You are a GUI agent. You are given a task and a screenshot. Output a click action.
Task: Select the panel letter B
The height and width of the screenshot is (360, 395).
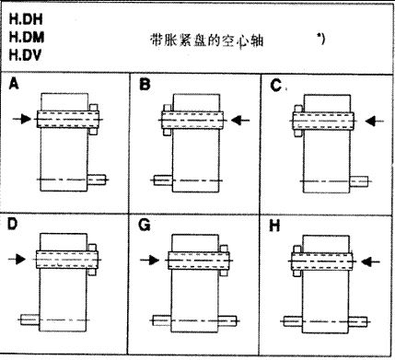click(x=144, y=85)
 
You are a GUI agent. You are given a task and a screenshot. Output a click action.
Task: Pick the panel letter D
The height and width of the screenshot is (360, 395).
click(x=14, y=224)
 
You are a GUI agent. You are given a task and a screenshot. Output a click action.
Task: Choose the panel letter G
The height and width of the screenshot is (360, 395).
click(x=145, y=224)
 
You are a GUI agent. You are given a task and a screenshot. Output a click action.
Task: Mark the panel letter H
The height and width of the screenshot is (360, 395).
click(x=275, y=224)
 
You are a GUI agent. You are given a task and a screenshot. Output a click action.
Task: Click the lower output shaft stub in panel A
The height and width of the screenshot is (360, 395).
click(x=99, y=180)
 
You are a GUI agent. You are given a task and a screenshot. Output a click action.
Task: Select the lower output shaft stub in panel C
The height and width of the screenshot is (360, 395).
click(x=360, y=180)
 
